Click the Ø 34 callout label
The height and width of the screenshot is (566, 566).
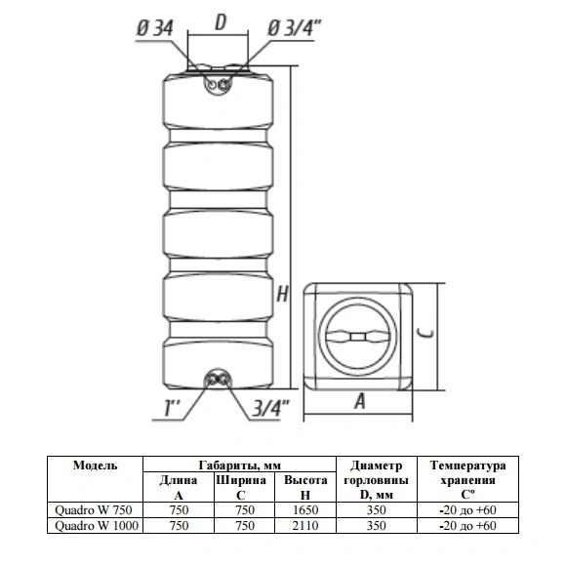coord(155,28)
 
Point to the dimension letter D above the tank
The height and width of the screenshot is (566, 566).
coord(221,22)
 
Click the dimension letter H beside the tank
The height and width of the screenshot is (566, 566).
coord(282,294)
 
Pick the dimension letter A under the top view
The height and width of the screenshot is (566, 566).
coord(359,401)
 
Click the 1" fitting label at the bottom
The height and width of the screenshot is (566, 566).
coord(172,408)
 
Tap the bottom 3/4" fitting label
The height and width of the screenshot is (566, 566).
coord(270,408)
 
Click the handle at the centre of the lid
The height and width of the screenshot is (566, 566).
coord(357,337)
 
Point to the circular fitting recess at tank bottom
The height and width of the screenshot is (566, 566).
coord(218,380)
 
